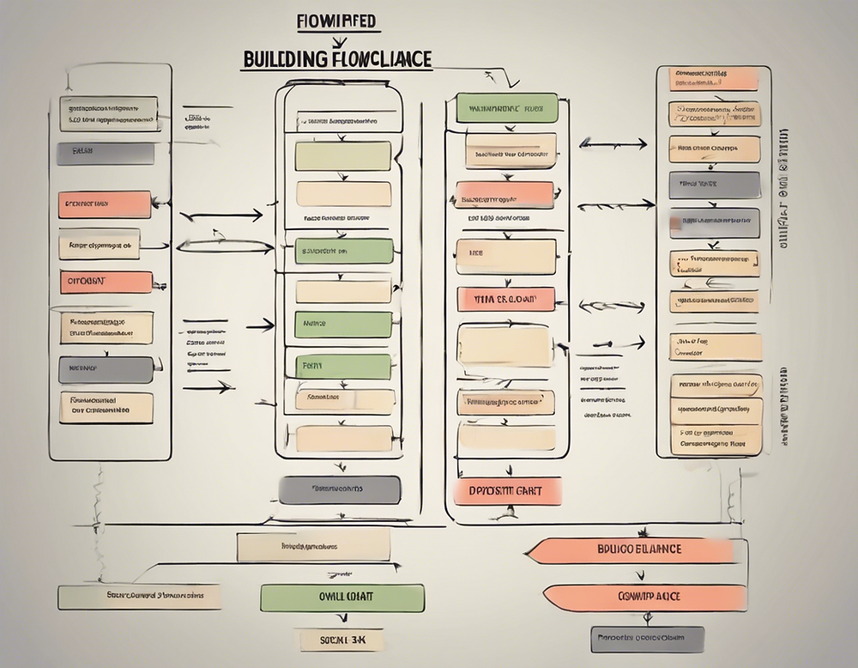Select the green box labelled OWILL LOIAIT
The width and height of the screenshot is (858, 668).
point(341,598)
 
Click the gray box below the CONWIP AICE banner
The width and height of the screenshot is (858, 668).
point(647,639)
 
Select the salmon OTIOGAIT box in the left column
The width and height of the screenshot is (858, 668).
point(106,282)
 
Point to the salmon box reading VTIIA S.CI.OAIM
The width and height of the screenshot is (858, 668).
point(505,299)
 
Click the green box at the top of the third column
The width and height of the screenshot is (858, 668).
point(507,108)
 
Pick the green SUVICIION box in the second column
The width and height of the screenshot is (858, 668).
point(344,251)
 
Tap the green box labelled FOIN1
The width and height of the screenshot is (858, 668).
point(343,366)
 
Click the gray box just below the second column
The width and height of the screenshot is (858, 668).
point(340,489)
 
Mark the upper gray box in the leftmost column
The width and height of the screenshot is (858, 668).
point(106,154)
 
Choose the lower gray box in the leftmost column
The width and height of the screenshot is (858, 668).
point(106,369)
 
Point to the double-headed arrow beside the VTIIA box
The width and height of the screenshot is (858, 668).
point(612,306)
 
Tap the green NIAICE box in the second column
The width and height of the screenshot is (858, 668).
point(343,325)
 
